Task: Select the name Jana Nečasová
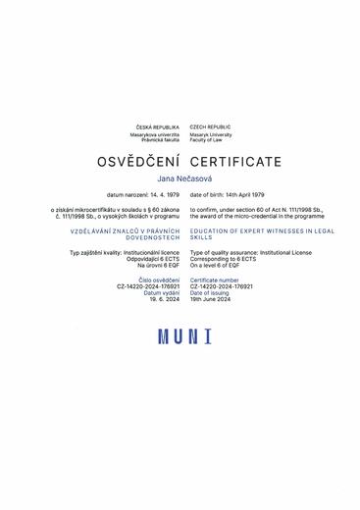click(180, 179)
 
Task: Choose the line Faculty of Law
click(207, 139)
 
